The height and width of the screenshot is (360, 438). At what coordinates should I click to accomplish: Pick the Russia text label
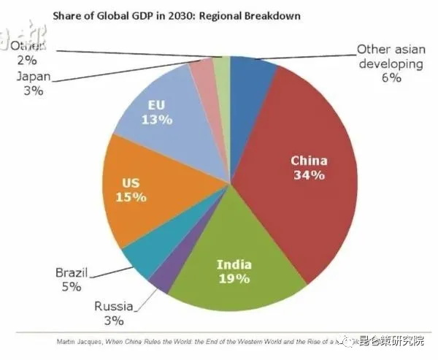(x=114, y=307)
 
